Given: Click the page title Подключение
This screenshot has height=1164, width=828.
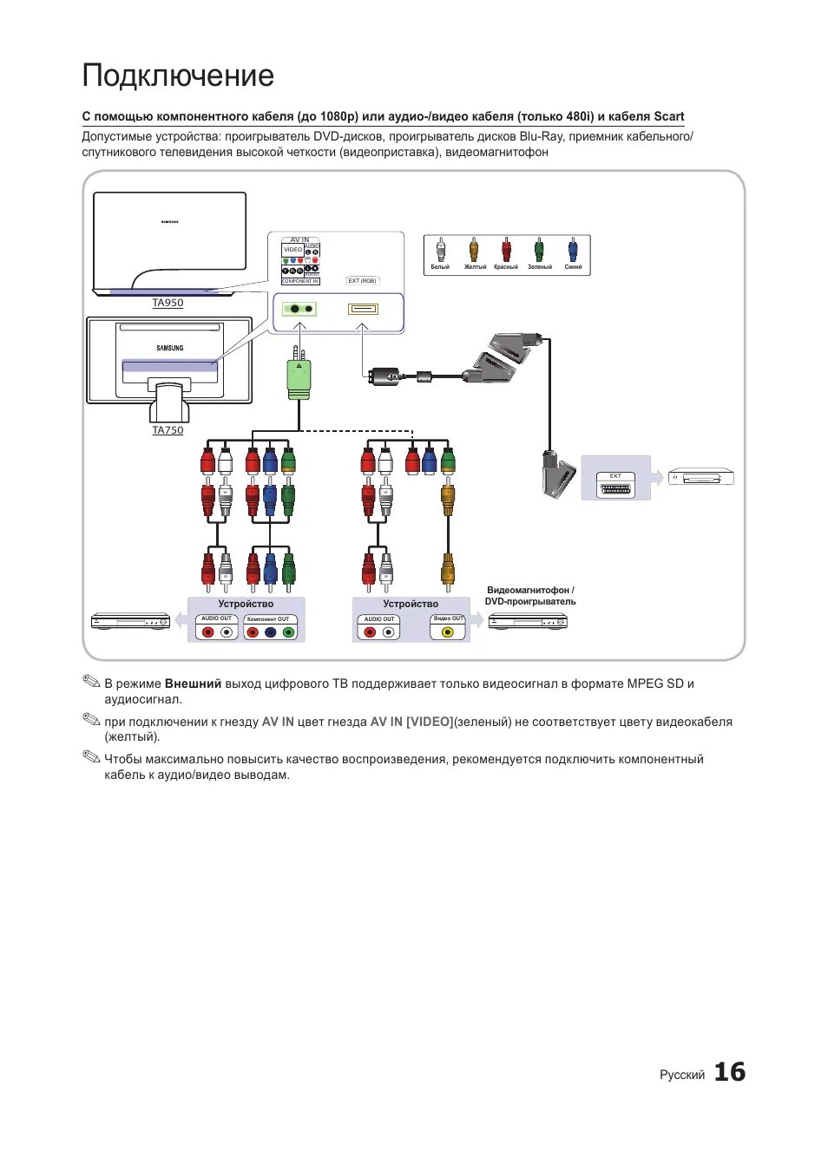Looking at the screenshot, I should [178, 76].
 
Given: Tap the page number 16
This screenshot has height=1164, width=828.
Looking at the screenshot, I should [729, 1072].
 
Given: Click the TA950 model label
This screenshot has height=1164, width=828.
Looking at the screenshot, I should [168, 303].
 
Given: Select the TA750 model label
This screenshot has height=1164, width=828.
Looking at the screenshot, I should [168, 430].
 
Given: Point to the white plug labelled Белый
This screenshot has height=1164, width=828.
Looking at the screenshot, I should [441, 252].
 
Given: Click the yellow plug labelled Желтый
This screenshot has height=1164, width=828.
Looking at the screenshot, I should [474, 252].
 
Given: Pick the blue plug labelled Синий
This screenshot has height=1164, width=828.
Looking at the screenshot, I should [573, 252].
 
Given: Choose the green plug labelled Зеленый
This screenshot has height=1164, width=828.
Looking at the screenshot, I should [539, 252].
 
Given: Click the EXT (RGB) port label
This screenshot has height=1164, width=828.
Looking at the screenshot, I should [362, 281].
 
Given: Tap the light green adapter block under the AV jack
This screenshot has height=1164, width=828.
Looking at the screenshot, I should [299, 380].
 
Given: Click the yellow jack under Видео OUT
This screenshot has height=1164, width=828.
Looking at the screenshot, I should [448, 631].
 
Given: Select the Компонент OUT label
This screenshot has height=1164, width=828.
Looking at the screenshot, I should [268, 619].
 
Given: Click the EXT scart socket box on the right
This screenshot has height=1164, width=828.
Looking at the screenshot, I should [615, 486].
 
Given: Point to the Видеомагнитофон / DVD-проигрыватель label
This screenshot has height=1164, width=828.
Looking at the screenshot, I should [530, 596].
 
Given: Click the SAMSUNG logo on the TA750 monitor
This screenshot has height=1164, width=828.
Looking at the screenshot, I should [170, 348].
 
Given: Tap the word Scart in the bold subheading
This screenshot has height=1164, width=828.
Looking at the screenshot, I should [668, 116].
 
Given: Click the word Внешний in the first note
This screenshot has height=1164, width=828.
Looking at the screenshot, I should [193, 683].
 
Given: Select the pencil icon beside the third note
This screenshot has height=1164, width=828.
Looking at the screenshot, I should [91, 757].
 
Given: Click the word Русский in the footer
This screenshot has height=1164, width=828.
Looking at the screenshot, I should [682, 1075].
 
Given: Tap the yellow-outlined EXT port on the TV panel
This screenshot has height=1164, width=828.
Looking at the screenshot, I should [363, 309].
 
